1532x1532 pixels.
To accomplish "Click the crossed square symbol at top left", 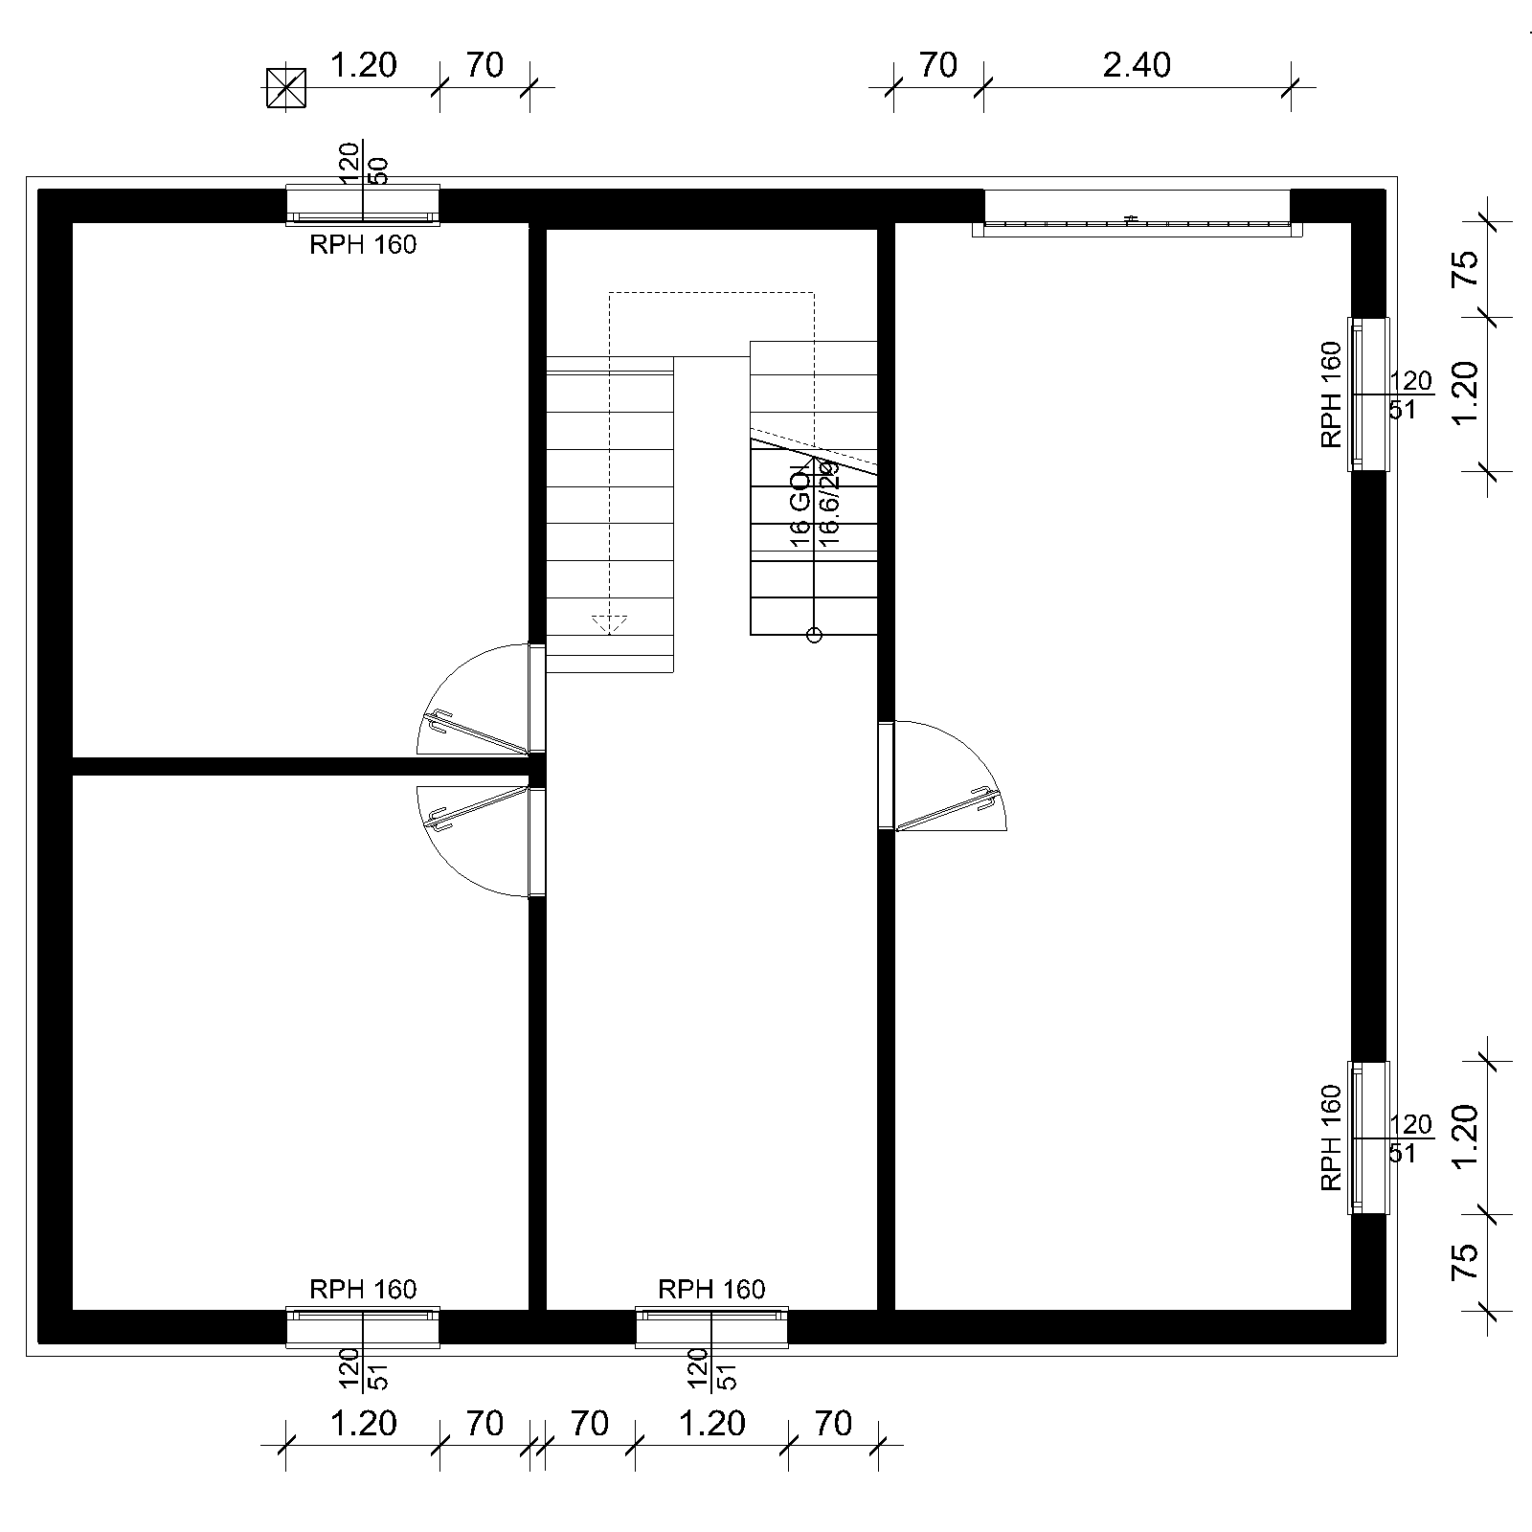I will (285, 88).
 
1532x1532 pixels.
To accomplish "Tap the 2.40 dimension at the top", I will (1137, 65).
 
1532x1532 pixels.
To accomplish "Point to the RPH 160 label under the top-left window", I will (363, 245).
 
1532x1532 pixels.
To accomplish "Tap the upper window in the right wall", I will (1367, 394).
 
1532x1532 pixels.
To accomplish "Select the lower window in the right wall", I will (1367, 1138).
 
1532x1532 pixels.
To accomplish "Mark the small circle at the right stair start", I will (814, 634).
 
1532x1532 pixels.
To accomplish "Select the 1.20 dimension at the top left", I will (363, 65).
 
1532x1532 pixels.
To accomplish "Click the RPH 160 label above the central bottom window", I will (711, 1289).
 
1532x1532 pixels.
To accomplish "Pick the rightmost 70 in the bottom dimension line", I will (833, 1424).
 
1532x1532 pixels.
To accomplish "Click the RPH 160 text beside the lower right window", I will (1331, 1138).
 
